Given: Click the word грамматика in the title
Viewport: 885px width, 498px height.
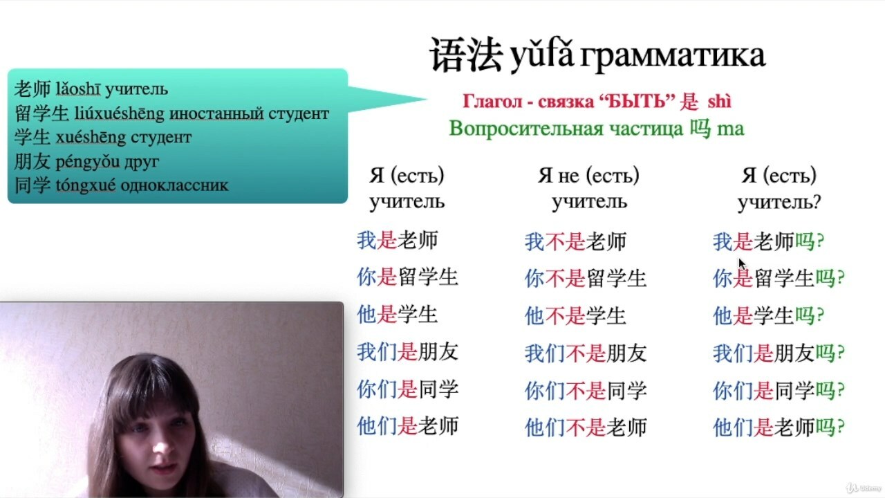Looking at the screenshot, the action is (x=673, y=56).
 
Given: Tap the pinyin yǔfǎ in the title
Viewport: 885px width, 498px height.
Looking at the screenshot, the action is (x=542, y=55).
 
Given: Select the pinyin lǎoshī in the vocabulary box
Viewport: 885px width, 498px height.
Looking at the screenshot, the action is (x=78, y=89).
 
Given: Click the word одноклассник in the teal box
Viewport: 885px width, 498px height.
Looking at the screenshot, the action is (x=175, y=185).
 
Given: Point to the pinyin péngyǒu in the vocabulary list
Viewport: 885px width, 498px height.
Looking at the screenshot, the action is (x=88, y=162).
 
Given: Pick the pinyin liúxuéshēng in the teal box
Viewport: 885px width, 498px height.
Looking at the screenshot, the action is (x=120, y=114).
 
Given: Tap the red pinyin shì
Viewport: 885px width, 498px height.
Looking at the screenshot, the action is (x=720, y=101).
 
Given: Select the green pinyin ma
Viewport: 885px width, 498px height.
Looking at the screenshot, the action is (x=731, y=129).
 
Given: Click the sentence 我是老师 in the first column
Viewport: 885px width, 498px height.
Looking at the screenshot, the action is (x=398, y=240).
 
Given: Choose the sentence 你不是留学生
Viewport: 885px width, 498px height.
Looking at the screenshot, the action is (x=586, y=278).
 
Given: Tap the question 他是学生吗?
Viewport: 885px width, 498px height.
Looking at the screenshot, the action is (x=769, y=316).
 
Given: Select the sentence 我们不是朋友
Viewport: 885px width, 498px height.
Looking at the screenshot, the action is (x=586, y=353).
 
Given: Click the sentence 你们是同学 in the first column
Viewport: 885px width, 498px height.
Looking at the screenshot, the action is (x=408, y=389).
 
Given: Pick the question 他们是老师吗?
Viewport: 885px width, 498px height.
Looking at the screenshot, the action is (x=779, y=427).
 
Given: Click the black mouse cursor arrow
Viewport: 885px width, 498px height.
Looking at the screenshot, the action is (x=742, y=264).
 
